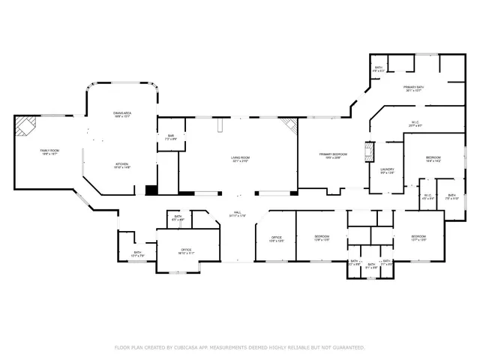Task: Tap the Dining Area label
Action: coord(122,115)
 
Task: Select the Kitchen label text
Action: coord(122,166)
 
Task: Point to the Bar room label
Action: coord(171,137)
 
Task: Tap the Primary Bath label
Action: coord(413,89)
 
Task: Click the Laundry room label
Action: coord(387,171)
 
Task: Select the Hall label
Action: coord(238,214)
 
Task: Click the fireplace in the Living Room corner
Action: coord(289,127)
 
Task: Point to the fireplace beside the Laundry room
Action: coord(369,152)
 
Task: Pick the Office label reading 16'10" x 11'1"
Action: coord(186,251)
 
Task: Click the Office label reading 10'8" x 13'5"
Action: coord(276,238)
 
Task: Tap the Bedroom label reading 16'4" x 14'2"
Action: coord(433,159)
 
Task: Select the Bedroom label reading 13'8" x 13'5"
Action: coord(322,238)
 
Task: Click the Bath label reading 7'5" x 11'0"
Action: coord(451,197)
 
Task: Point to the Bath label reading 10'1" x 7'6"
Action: coord(137,254)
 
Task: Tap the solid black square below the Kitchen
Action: coord(151,190)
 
